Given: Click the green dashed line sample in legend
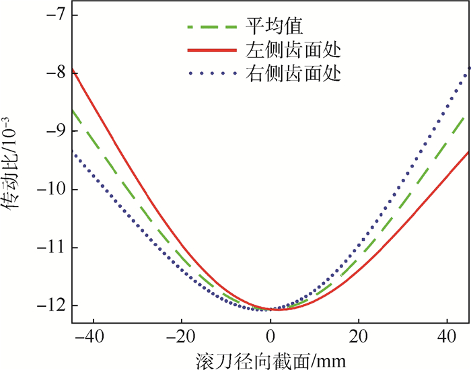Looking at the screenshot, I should pyautogui.click(x=209, y=28).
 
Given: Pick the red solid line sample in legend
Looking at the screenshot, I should pyautogui.click(x=209, y=50).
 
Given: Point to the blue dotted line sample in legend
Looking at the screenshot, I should pyautogui.click(x=209, y=73).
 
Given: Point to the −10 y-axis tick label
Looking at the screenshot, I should pyautogui.click(x=50, y=190).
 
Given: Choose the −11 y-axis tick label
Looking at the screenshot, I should pyautogui.click(x=50, y=248).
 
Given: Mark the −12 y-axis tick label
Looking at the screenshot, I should pyautogui.click(x=50, y=306).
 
